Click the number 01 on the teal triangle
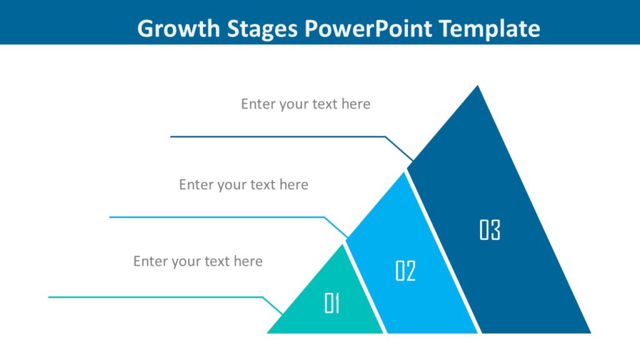[332, 304]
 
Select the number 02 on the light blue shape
[406, 271]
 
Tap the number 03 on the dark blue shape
[490, 230]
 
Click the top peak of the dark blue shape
[478, 86]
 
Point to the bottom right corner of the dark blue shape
[589, 332]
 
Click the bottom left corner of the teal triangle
[268, 332]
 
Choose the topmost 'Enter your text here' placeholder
[306, 104]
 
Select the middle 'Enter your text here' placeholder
[244, 184]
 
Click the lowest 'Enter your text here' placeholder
[198, 261]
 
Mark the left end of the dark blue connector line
[171, 136]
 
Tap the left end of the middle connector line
[110, 217]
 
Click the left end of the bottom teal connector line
[49, 297]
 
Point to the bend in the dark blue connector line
[385, 136]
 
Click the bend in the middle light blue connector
[324, 217]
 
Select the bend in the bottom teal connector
[263, 297]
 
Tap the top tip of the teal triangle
[343, 244]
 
